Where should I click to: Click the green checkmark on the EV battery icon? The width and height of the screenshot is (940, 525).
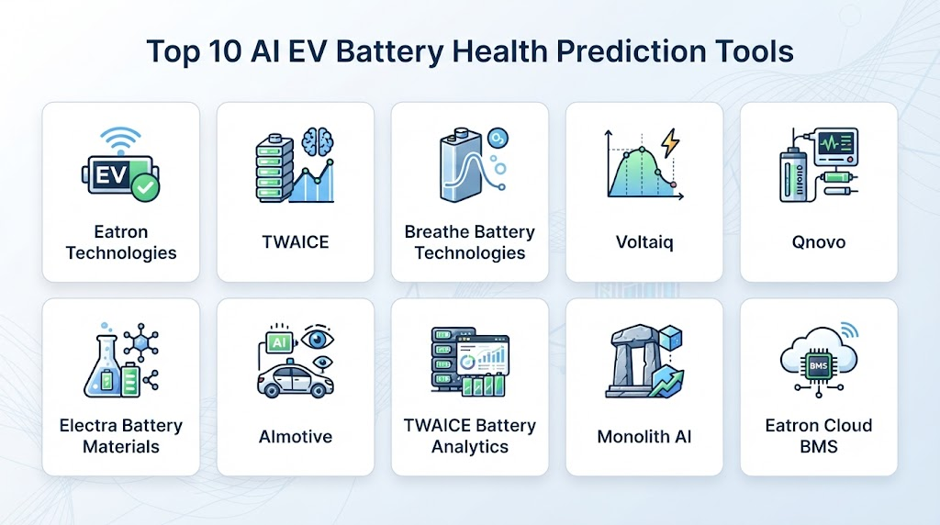coord(145,187)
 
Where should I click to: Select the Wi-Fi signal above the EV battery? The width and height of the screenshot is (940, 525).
coord(120,140)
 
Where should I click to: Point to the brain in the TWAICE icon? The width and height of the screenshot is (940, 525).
coord(318,142)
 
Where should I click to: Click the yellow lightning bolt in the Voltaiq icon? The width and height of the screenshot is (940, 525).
coord(669,144)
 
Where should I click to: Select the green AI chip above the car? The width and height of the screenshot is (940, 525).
coord(279,342)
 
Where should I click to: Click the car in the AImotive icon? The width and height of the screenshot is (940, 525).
coord(295,379)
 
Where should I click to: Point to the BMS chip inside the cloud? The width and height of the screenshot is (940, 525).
coord(818,365)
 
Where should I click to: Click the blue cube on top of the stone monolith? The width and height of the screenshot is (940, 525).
coord(670,338)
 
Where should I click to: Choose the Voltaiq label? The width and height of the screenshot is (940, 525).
coord(644,242)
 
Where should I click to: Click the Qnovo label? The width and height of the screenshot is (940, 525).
coord(818,242)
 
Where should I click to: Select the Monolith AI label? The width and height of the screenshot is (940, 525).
coord(644,436)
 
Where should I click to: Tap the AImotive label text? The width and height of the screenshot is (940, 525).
coord(296,436)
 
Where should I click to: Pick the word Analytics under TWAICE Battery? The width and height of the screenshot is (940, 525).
coord(470,446)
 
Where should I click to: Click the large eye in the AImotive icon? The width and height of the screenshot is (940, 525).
coord(317,339)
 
